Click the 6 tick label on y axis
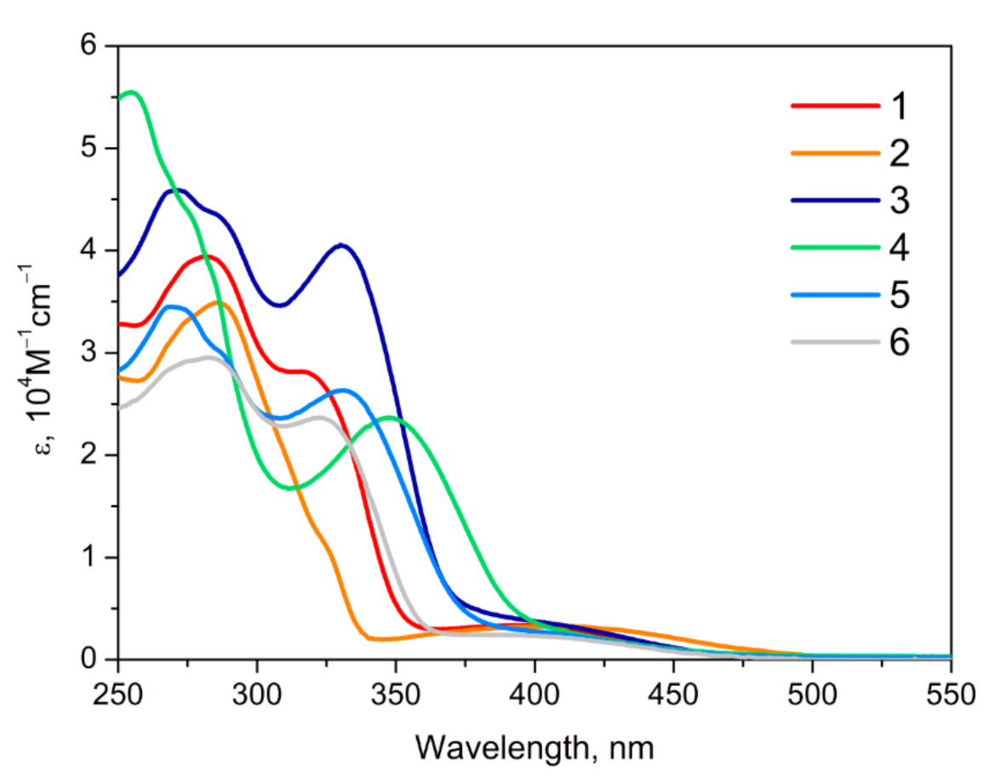click(87, 46)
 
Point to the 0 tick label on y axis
click(87, 659)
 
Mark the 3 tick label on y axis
click(87, 353)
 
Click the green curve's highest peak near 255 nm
click(131, 92)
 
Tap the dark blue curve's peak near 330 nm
click(341, 245)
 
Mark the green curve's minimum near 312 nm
click(291, 488)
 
